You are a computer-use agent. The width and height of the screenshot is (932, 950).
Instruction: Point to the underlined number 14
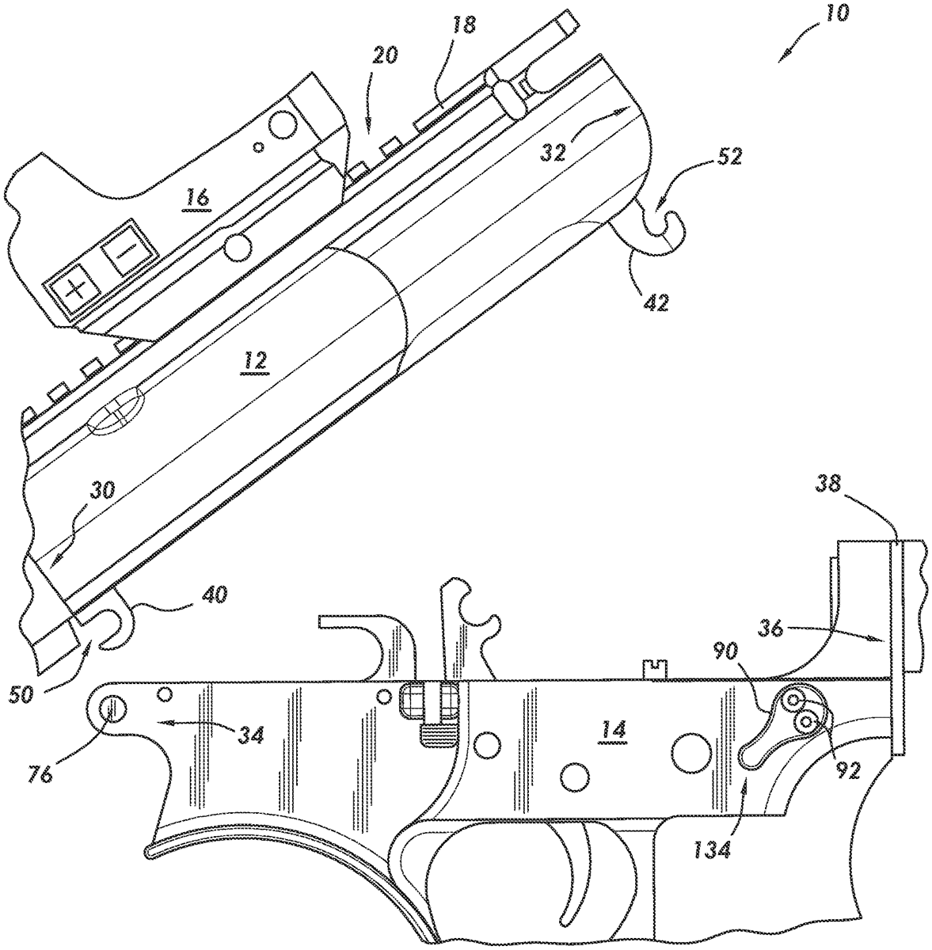point(614,729)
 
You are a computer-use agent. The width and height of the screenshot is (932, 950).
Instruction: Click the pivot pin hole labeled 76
point(111,706)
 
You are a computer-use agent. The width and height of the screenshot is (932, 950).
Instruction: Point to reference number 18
point(464,25)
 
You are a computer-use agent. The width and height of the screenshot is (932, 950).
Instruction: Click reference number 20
point(386,55)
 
